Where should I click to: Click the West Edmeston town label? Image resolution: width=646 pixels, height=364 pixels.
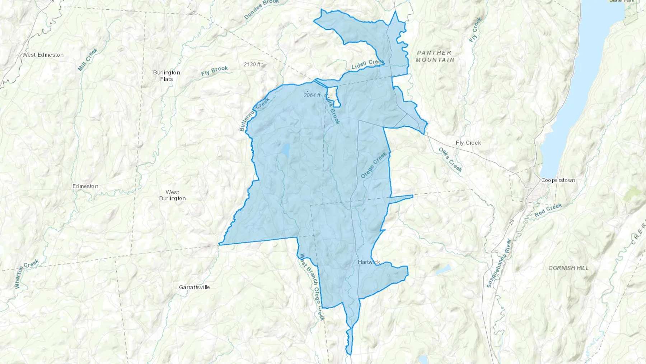[43, 55]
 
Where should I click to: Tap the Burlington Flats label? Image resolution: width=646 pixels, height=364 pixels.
[166, 75]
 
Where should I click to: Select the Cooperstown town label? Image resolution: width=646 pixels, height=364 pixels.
[558, 180]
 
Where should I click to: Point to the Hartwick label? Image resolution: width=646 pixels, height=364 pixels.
[369, 262]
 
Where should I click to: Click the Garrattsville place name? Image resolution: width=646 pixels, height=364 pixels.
[194, 287]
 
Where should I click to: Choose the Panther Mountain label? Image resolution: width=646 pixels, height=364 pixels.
[435, 56]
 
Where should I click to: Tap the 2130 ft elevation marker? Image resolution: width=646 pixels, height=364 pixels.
[252, 64]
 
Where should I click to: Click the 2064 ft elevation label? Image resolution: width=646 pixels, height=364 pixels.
[312, 95]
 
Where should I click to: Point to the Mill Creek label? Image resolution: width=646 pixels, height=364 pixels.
[88, 60]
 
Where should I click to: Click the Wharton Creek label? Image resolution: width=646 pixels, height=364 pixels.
[27, 273]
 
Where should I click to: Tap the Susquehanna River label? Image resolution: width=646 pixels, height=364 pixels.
[498, 263]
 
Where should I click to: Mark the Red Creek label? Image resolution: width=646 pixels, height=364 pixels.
[548, 210]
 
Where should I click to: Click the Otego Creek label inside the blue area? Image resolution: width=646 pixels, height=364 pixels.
[374, 165]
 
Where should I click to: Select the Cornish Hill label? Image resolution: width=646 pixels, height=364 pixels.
[568, 268]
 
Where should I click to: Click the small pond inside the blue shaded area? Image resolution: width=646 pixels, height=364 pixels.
[286, 149]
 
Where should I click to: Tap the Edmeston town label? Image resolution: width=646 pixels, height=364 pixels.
[85, 186]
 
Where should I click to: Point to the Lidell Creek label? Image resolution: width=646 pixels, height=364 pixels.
[367, 64]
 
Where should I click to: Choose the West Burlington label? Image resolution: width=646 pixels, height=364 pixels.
[172, 195]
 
